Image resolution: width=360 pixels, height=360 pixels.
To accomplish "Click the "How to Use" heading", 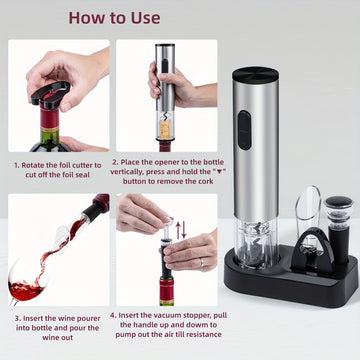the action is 114,18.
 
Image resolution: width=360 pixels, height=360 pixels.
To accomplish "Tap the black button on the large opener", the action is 245,130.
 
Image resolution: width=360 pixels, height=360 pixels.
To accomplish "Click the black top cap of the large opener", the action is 256,74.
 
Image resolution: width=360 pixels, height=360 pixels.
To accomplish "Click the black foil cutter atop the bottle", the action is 51,95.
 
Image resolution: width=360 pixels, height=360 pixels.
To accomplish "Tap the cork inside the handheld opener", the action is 165,130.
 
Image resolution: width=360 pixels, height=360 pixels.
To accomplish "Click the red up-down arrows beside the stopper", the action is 181,230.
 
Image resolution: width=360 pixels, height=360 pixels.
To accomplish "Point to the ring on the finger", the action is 201,263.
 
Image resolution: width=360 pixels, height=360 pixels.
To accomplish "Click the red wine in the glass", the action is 26,290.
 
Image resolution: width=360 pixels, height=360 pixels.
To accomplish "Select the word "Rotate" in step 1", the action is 33,165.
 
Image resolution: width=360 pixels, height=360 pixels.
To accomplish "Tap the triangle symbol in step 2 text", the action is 219,172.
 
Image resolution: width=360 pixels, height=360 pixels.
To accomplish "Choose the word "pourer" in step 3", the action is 88,318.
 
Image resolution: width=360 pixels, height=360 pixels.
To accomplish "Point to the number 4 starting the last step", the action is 113,315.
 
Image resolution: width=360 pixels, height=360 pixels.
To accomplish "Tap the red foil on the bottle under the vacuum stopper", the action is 167,290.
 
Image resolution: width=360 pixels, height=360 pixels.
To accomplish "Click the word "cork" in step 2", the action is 206,181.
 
